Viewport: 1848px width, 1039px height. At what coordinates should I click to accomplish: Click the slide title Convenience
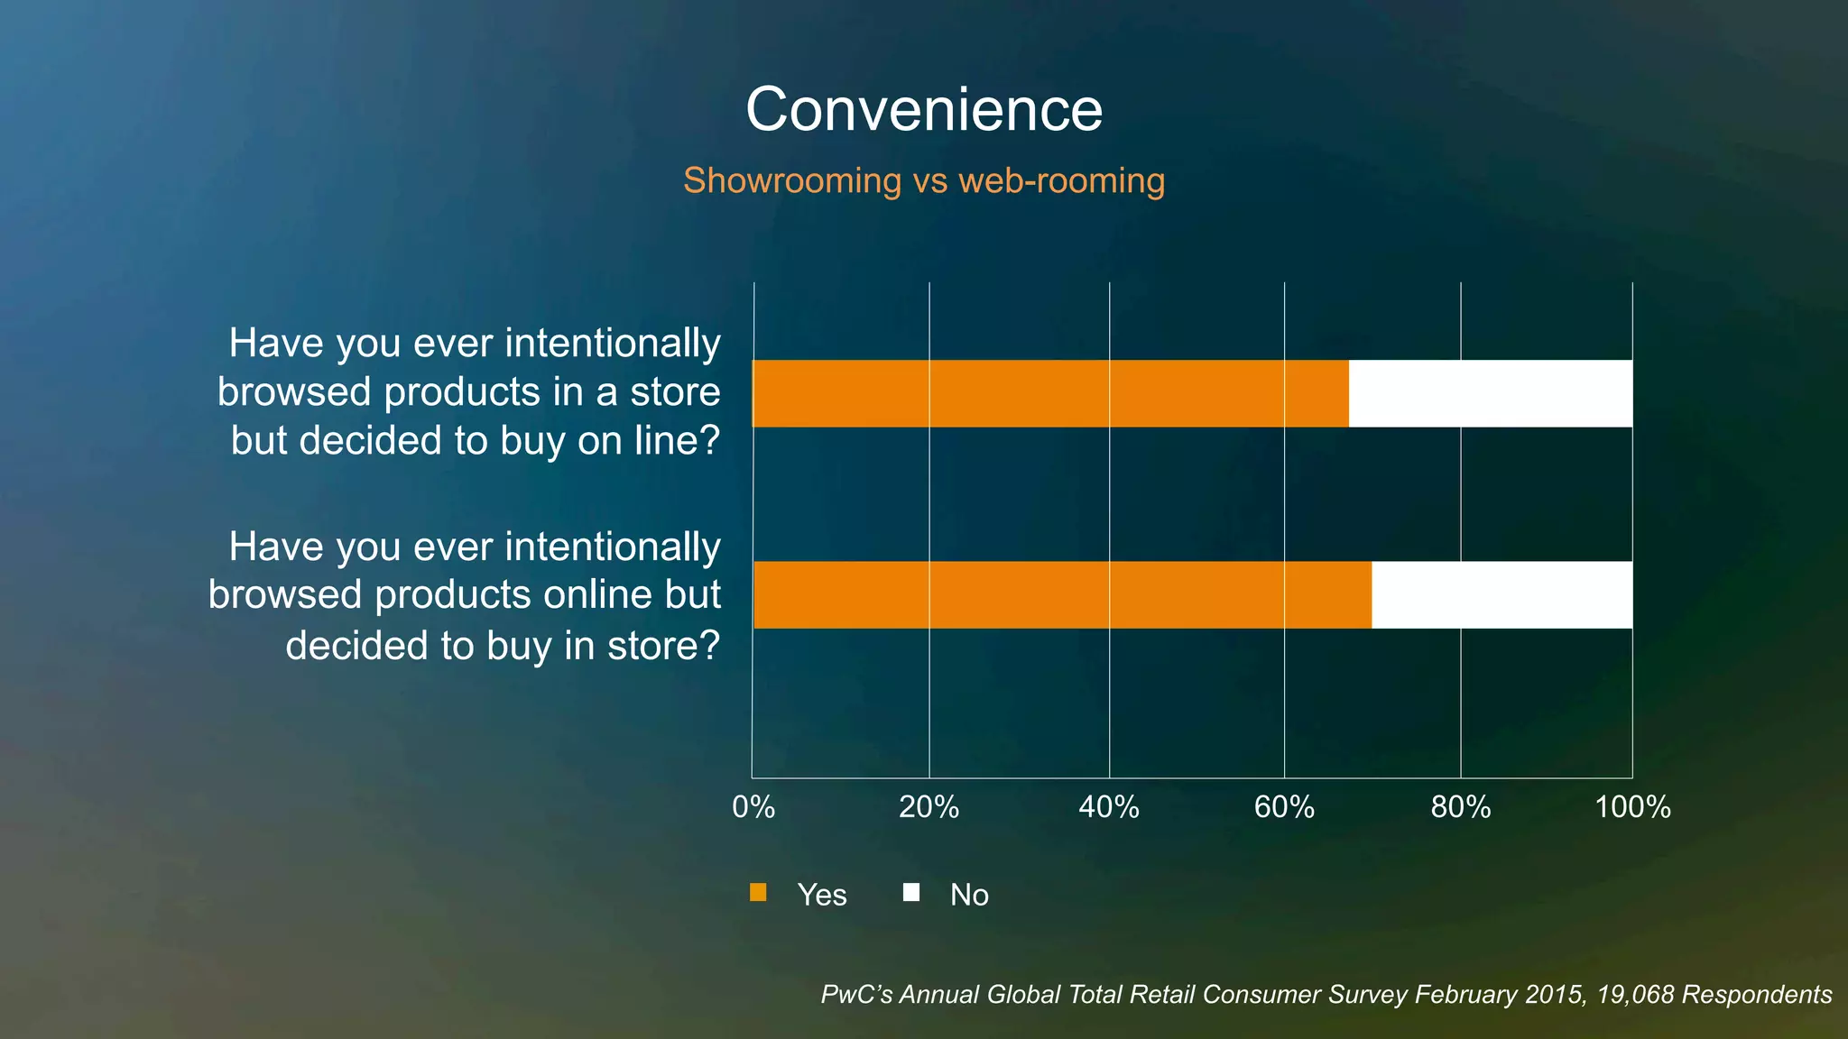[x=924, y=110]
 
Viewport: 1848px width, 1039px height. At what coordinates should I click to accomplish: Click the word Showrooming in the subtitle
[x=791, y=180]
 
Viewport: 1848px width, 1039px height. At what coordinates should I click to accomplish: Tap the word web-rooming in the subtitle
[x=1061, y=180]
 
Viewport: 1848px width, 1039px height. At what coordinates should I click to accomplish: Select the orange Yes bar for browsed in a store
[x=1050, y=393]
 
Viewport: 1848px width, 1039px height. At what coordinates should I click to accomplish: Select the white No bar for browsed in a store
[x=1490, y=393]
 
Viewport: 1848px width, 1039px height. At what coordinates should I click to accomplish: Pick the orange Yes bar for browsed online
[x=1062, y=594]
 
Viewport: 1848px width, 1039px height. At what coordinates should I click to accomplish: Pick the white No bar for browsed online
[x=1501, y=594]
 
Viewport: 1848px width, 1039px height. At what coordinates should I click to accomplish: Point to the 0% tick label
[x=753, y=806]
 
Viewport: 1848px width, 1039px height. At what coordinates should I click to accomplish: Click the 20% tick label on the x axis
[x=929, y=806]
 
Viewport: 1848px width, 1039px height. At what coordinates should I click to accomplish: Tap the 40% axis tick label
[x=1108, y=806]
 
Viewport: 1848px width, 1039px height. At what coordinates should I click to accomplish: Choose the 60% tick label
[x=1284, y=806]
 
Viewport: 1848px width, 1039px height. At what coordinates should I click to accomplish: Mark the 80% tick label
[x=1460, y=806]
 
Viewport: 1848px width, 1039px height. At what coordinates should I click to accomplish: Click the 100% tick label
[x=1632, y=806]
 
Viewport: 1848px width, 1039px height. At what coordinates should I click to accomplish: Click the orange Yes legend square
[x=758, y=893]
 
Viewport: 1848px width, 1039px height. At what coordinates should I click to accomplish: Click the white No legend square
[x=911, y=893]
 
